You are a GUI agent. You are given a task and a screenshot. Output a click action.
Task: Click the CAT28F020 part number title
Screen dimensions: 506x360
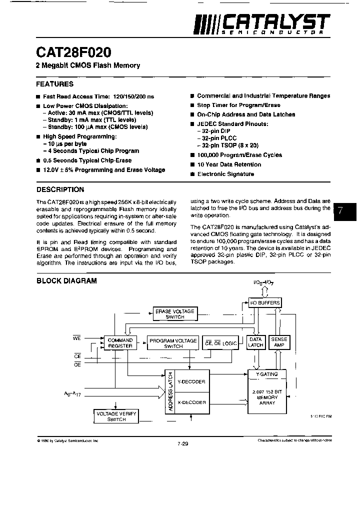pos(73,52)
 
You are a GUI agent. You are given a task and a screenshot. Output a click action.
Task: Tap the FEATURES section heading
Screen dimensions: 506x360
pos(55,84)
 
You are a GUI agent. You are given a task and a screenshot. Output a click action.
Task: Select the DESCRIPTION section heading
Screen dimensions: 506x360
pos(60,189)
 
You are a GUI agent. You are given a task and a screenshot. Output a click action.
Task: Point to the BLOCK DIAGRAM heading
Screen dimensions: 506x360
pos(66,281)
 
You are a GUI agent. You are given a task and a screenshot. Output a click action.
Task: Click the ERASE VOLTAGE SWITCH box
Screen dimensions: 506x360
pos(174,314)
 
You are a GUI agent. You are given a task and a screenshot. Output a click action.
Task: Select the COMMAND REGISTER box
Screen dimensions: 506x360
pos(120,343)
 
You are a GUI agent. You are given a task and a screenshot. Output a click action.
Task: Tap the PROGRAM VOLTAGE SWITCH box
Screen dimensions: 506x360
pos(173,343)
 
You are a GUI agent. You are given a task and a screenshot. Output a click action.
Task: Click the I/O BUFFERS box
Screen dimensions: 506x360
pos(265,303)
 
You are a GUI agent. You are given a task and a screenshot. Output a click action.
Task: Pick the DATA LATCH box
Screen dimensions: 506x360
pos(256,342)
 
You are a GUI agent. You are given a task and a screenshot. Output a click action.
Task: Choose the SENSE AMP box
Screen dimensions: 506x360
pos(279,342)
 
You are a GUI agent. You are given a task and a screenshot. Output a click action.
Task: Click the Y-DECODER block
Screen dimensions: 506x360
pos(191,381)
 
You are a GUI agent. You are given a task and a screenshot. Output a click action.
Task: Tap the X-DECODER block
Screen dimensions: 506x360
pos(191,402)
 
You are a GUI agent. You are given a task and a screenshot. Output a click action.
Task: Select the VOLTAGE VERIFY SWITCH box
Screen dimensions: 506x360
pos(116,416)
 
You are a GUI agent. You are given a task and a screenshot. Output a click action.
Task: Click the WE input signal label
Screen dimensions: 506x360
pos(77,338)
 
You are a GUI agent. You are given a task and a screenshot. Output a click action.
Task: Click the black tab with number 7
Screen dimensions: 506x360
pos(345,210)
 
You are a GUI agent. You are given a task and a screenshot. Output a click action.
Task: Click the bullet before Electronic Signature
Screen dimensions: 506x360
pos(192,174)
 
